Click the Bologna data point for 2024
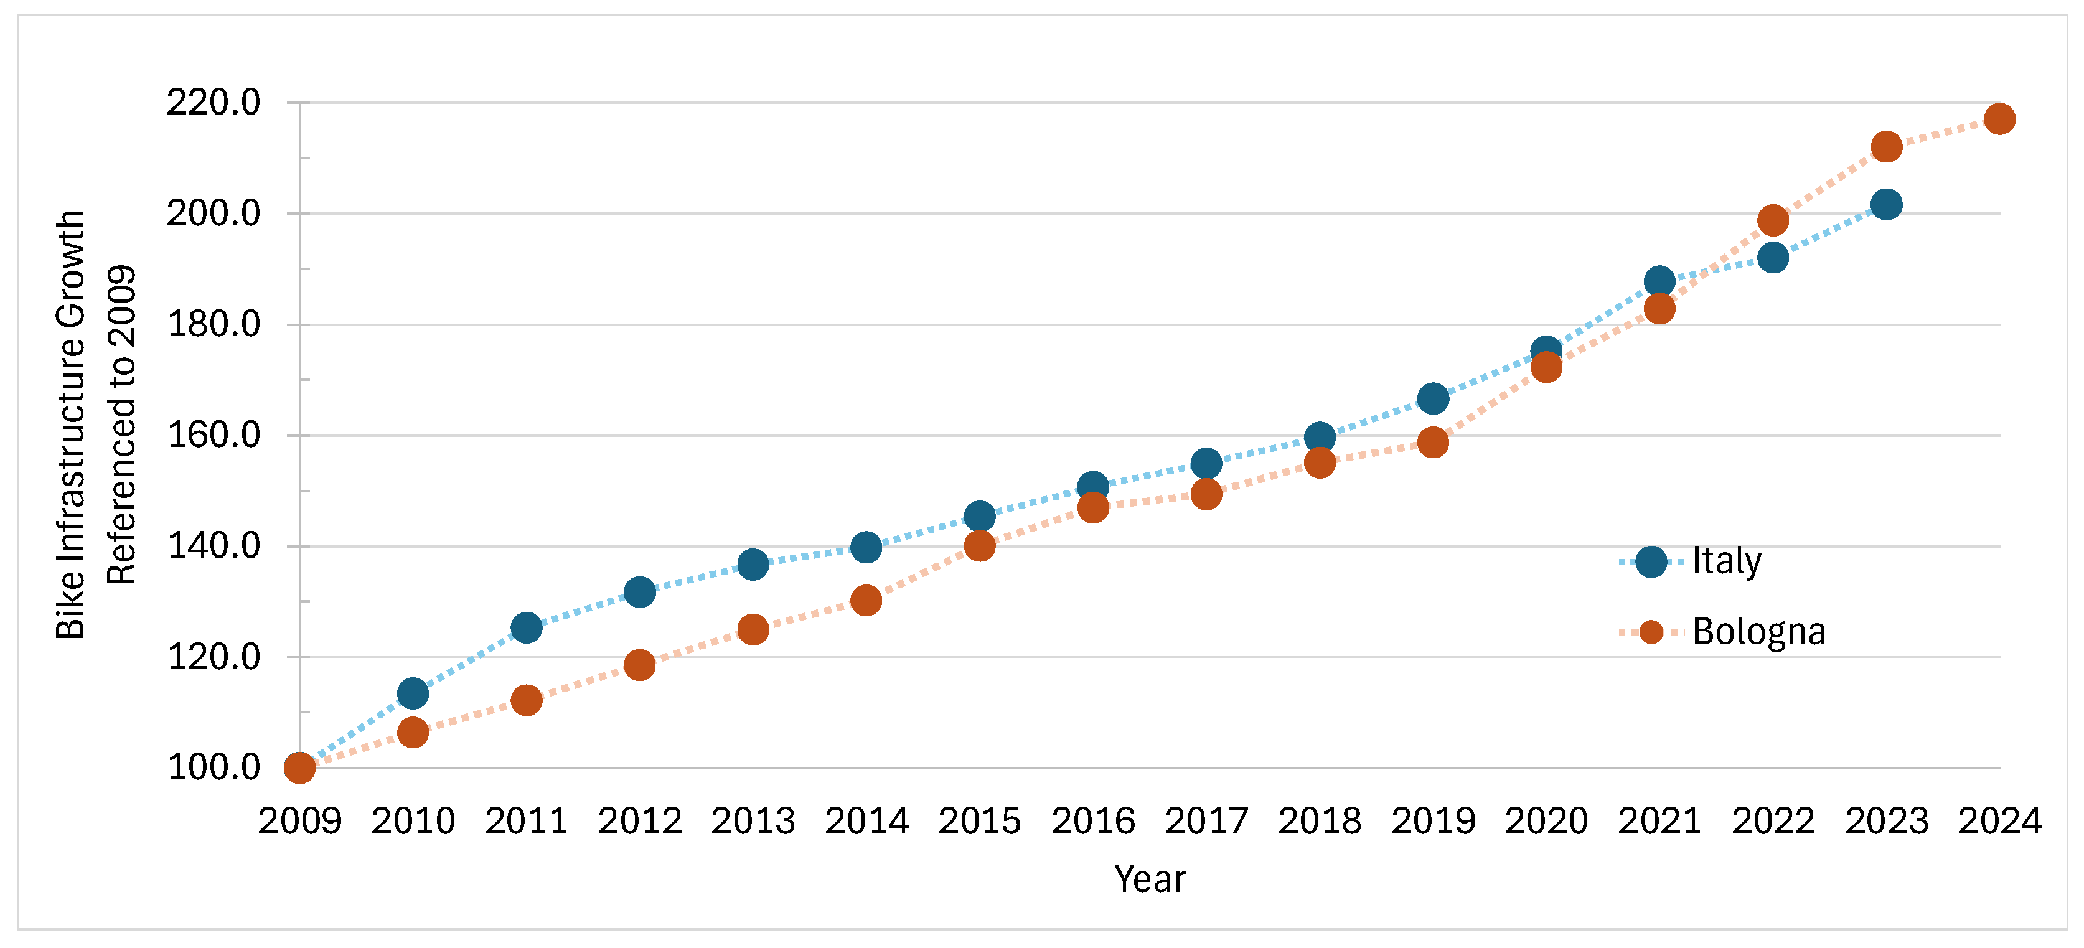[1999, 119]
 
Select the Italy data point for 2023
[1886, 205]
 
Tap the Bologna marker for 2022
[1773, 220]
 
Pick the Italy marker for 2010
[413, 693]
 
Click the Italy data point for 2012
[639, 592]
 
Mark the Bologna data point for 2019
[1433, 443]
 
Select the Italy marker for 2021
[1659, 281]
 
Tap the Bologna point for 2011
[526, 700]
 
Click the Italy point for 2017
[1206, 464]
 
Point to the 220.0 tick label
[214, 103]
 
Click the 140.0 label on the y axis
[214, 546]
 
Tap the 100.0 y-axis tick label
[214, 767]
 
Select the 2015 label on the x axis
[980, 822]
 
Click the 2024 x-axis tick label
[1999, 822]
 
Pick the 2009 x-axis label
[300, 822]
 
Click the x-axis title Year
[1150, 880]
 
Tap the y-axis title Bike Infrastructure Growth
[71, 425]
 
